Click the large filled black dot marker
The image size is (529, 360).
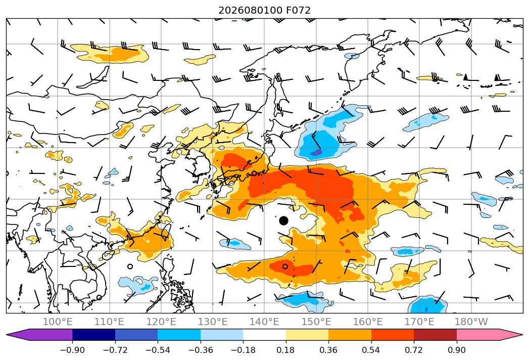(x=284, y=221)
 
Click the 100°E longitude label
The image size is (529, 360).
(x=58, y=322)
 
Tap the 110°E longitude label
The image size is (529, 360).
(x=109, y=322)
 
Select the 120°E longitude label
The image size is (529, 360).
(x=161, y=322)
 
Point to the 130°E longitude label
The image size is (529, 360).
(x=213, y=322)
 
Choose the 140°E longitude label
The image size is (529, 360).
(x=264, y=322)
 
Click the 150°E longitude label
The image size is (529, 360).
(x=316, y=322)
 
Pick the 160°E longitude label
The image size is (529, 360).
(x=368, y=322)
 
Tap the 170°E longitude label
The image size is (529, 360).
(x=419, y=322)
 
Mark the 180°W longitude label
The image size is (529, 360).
(x=471, y=322)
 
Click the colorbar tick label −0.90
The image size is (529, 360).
(x=72, y=350)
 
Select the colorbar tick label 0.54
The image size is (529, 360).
(x=371, y=350)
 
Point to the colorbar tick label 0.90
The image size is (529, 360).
(x=456, y=350)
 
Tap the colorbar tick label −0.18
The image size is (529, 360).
(x=243, y=350)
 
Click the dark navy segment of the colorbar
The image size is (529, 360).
(x=94, y=335)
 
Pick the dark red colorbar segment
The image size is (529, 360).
(x=435, y=335)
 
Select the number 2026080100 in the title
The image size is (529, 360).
(x=250, y=11)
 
